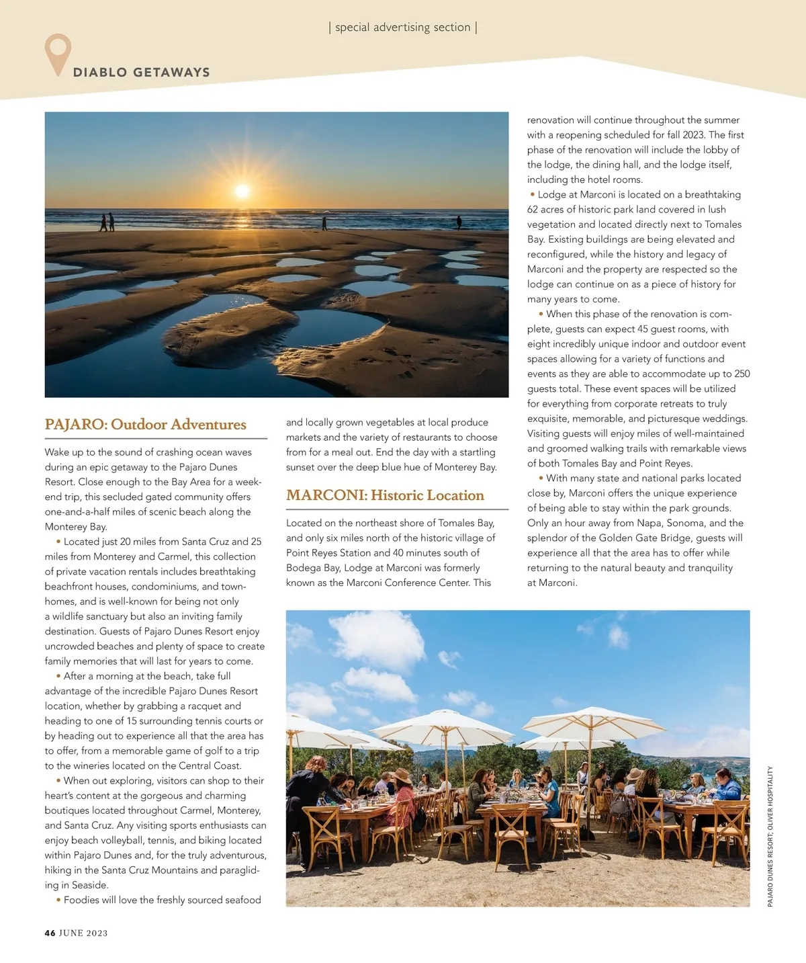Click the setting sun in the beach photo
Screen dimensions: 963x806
(x=242, y=191)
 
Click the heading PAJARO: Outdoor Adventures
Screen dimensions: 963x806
(x=145, y=425)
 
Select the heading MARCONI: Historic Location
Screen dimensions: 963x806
(x=385, y=495)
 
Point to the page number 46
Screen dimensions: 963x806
(x=50, y=933)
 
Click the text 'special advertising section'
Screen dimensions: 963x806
(x=402, y=28)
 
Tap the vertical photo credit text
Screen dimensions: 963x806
(x=770, y=836)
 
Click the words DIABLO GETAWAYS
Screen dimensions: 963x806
(x=141, y=73)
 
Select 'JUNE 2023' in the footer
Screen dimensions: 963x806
(x=83, y=933)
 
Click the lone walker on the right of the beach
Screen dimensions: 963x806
(x=459, y=222)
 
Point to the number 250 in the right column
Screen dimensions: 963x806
(x=742, y=374)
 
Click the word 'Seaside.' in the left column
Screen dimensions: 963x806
(x=90, y=885)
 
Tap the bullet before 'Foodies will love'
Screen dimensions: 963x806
(x=58, y=900)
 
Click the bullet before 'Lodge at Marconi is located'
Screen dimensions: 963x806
(x=533, y=195)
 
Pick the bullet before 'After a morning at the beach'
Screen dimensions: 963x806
(x=58, y=676)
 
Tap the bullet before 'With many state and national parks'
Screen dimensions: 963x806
(x=541, y=478)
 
